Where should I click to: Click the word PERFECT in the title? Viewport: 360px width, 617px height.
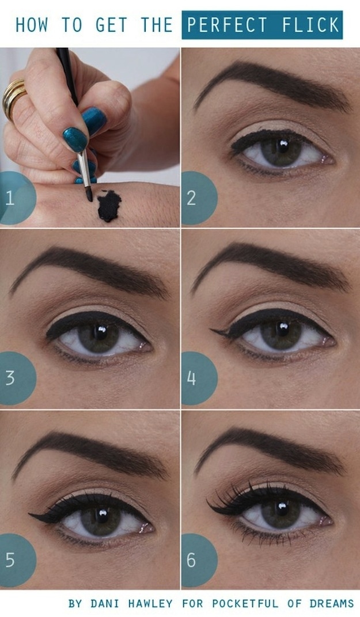(x=226, y=25)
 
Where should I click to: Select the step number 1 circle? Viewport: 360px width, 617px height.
(x=14, y=198)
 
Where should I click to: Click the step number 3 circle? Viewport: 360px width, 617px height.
(x=14, y=378)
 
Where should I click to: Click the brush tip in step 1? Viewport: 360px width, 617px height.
(x=89, y=195)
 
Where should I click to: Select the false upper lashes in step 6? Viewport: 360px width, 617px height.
(x=236, y=496)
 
